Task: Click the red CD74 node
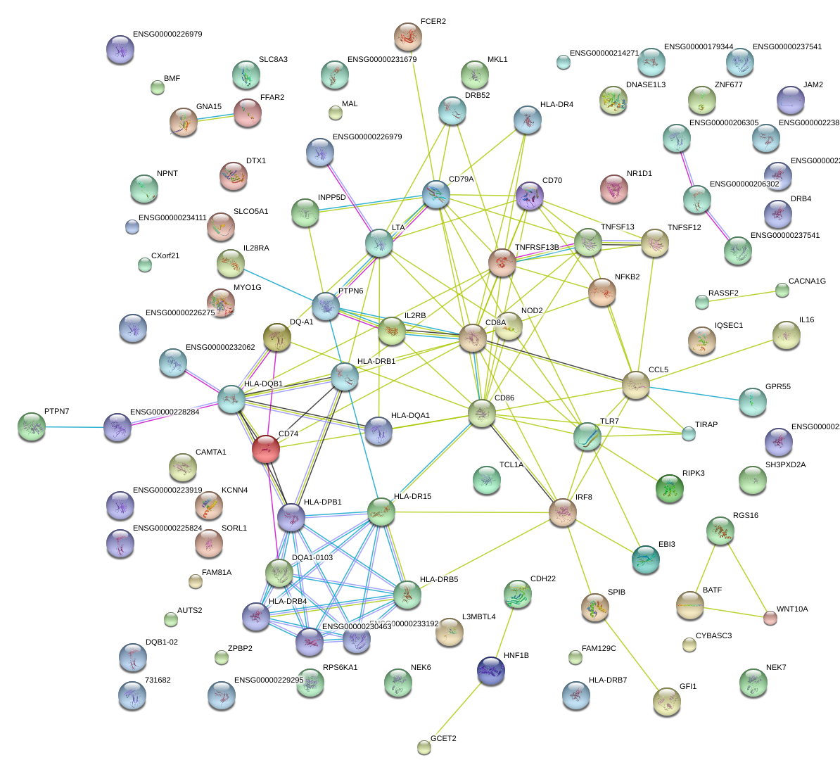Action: pyautogui.click(x=266, y=449)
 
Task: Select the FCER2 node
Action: pyautogui.click(x=407, y=37)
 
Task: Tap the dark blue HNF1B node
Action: pyautogui.click(x=490, y=671)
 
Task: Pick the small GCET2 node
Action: pyautogui.click(x=424, y=747)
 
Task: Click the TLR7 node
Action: pyautogui.click(x=587, y=436)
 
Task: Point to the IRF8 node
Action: pyautogui.click(x=563, y=512)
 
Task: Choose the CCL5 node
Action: pyautogui.click(x=635, y=385)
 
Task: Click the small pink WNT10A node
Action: pyautogui.click(x=770, y=619)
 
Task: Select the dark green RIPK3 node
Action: pyautogui.click(x=669, y=488)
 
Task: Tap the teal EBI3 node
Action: pyautogui.click(x=645, y=558)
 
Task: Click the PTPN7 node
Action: pyautogui.click(x=32, y=426)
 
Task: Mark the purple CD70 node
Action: pyautogui.click(x=529, y=196)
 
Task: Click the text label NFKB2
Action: pyautogui.click(x=627, y=277)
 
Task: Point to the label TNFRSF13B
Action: pyautogui.click(x=537, y=247)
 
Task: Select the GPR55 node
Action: pyautogui.click(x=752, y=402)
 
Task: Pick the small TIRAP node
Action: pyautogui.click(x=689, y=433)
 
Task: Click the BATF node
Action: pyautogui.click(x=689, y=605)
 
